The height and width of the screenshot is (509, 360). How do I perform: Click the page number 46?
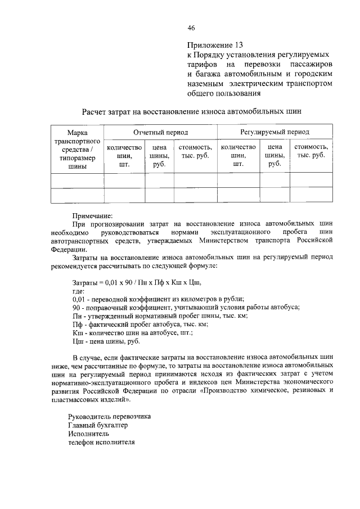[191, 28]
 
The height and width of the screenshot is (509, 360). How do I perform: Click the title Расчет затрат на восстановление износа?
[191, 111]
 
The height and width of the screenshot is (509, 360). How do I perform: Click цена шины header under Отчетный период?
[159, 155]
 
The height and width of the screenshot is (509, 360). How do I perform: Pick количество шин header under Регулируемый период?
[238, 155]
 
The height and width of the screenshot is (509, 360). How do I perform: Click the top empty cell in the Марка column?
[78, 181]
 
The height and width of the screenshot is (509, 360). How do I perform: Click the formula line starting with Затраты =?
[137, 281]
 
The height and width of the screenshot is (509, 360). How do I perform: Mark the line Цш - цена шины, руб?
[107, 341]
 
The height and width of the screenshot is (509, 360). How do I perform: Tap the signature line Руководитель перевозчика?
[109, 417]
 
